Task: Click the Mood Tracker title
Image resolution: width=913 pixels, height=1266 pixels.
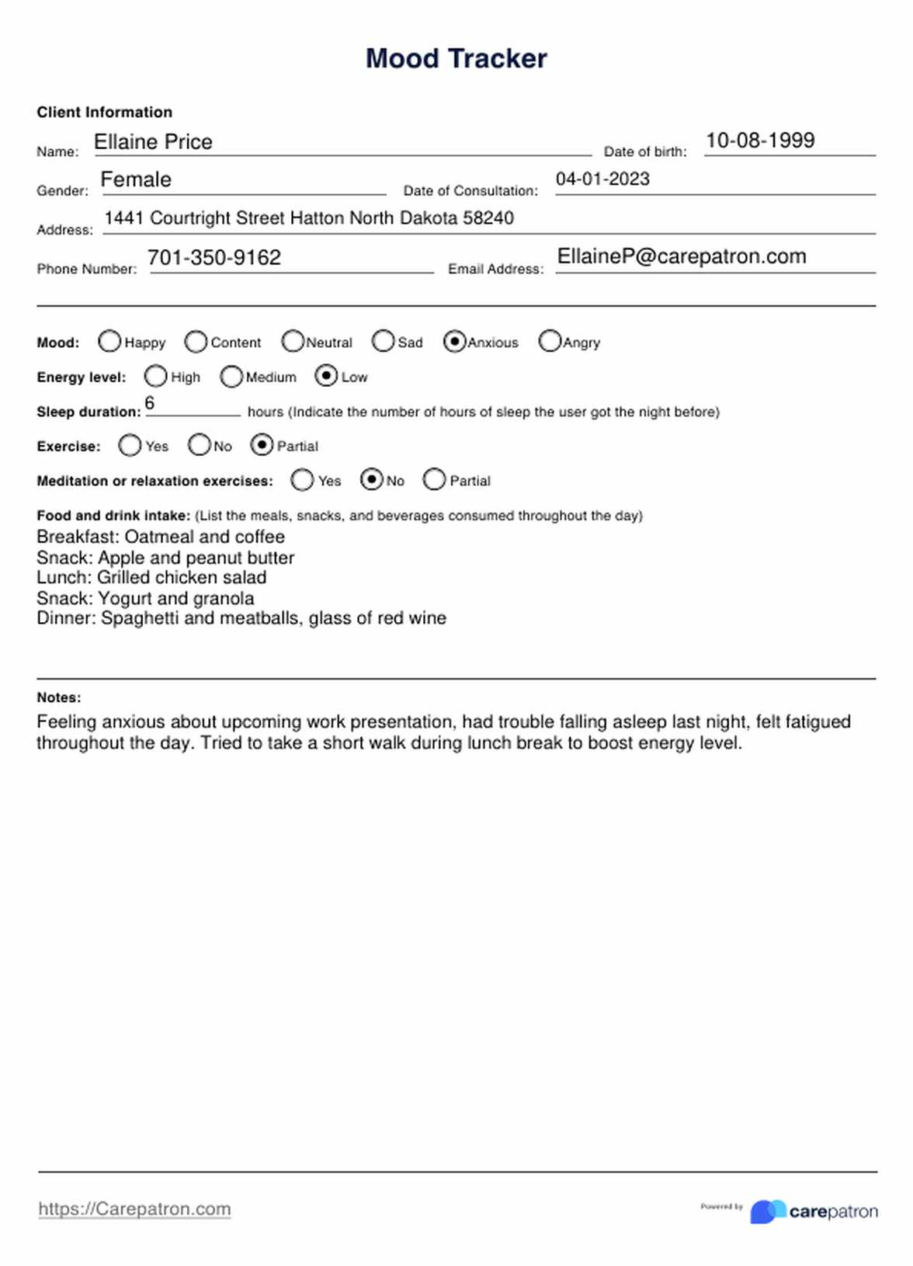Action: (x=456, y=59)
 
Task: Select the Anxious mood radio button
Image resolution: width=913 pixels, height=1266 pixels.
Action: (x=454, y=342)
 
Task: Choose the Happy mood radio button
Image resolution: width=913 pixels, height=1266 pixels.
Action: (x=109, y=342)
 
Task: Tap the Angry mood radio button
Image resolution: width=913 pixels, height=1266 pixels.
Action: (x=550, y=342)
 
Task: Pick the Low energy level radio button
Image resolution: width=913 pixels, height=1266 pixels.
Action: (x=326, y=377)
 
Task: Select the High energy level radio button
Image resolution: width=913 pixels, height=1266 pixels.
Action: (x=155, y=377)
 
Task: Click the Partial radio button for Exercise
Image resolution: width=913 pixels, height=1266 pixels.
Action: (x=262, y=445)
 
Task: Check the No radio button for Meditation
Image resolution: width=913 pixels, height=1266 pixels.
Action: (x=372, y=480)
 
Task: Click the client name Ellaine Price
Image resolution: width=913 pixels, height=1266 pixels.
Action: (x=153, y=142)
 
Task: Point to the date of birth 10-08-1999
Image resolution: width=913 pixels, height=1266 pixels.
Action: (x=760, y=141)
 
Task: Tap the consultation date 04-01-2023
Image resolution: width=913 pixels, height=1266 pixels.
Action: (x=602, y=179)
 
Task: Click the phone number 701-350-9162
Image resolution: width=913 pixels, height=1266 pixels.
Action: (x=214, y=258)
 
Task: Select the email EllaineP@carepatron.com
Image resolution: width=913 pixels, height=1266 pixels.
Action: (x=682, y=256)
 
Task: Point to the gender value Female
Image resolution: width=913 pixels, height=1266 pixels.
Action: (x=136, y=179)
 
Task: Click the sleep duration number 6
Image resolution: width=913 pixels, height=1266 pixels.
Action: (x=150, y=403)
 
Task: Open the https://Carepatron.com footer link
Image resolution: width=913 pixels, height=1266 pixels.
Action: (x=134, y=1209)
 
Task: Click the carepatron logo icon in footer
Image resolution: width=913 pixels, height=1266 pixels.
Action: (x=768, y=1211)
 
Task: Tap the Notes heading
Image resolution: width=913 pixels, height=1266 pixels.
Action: (x=59, y=697)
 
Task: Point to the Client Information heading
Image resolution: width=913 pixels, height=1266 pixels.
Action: (x=105, y=112)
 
